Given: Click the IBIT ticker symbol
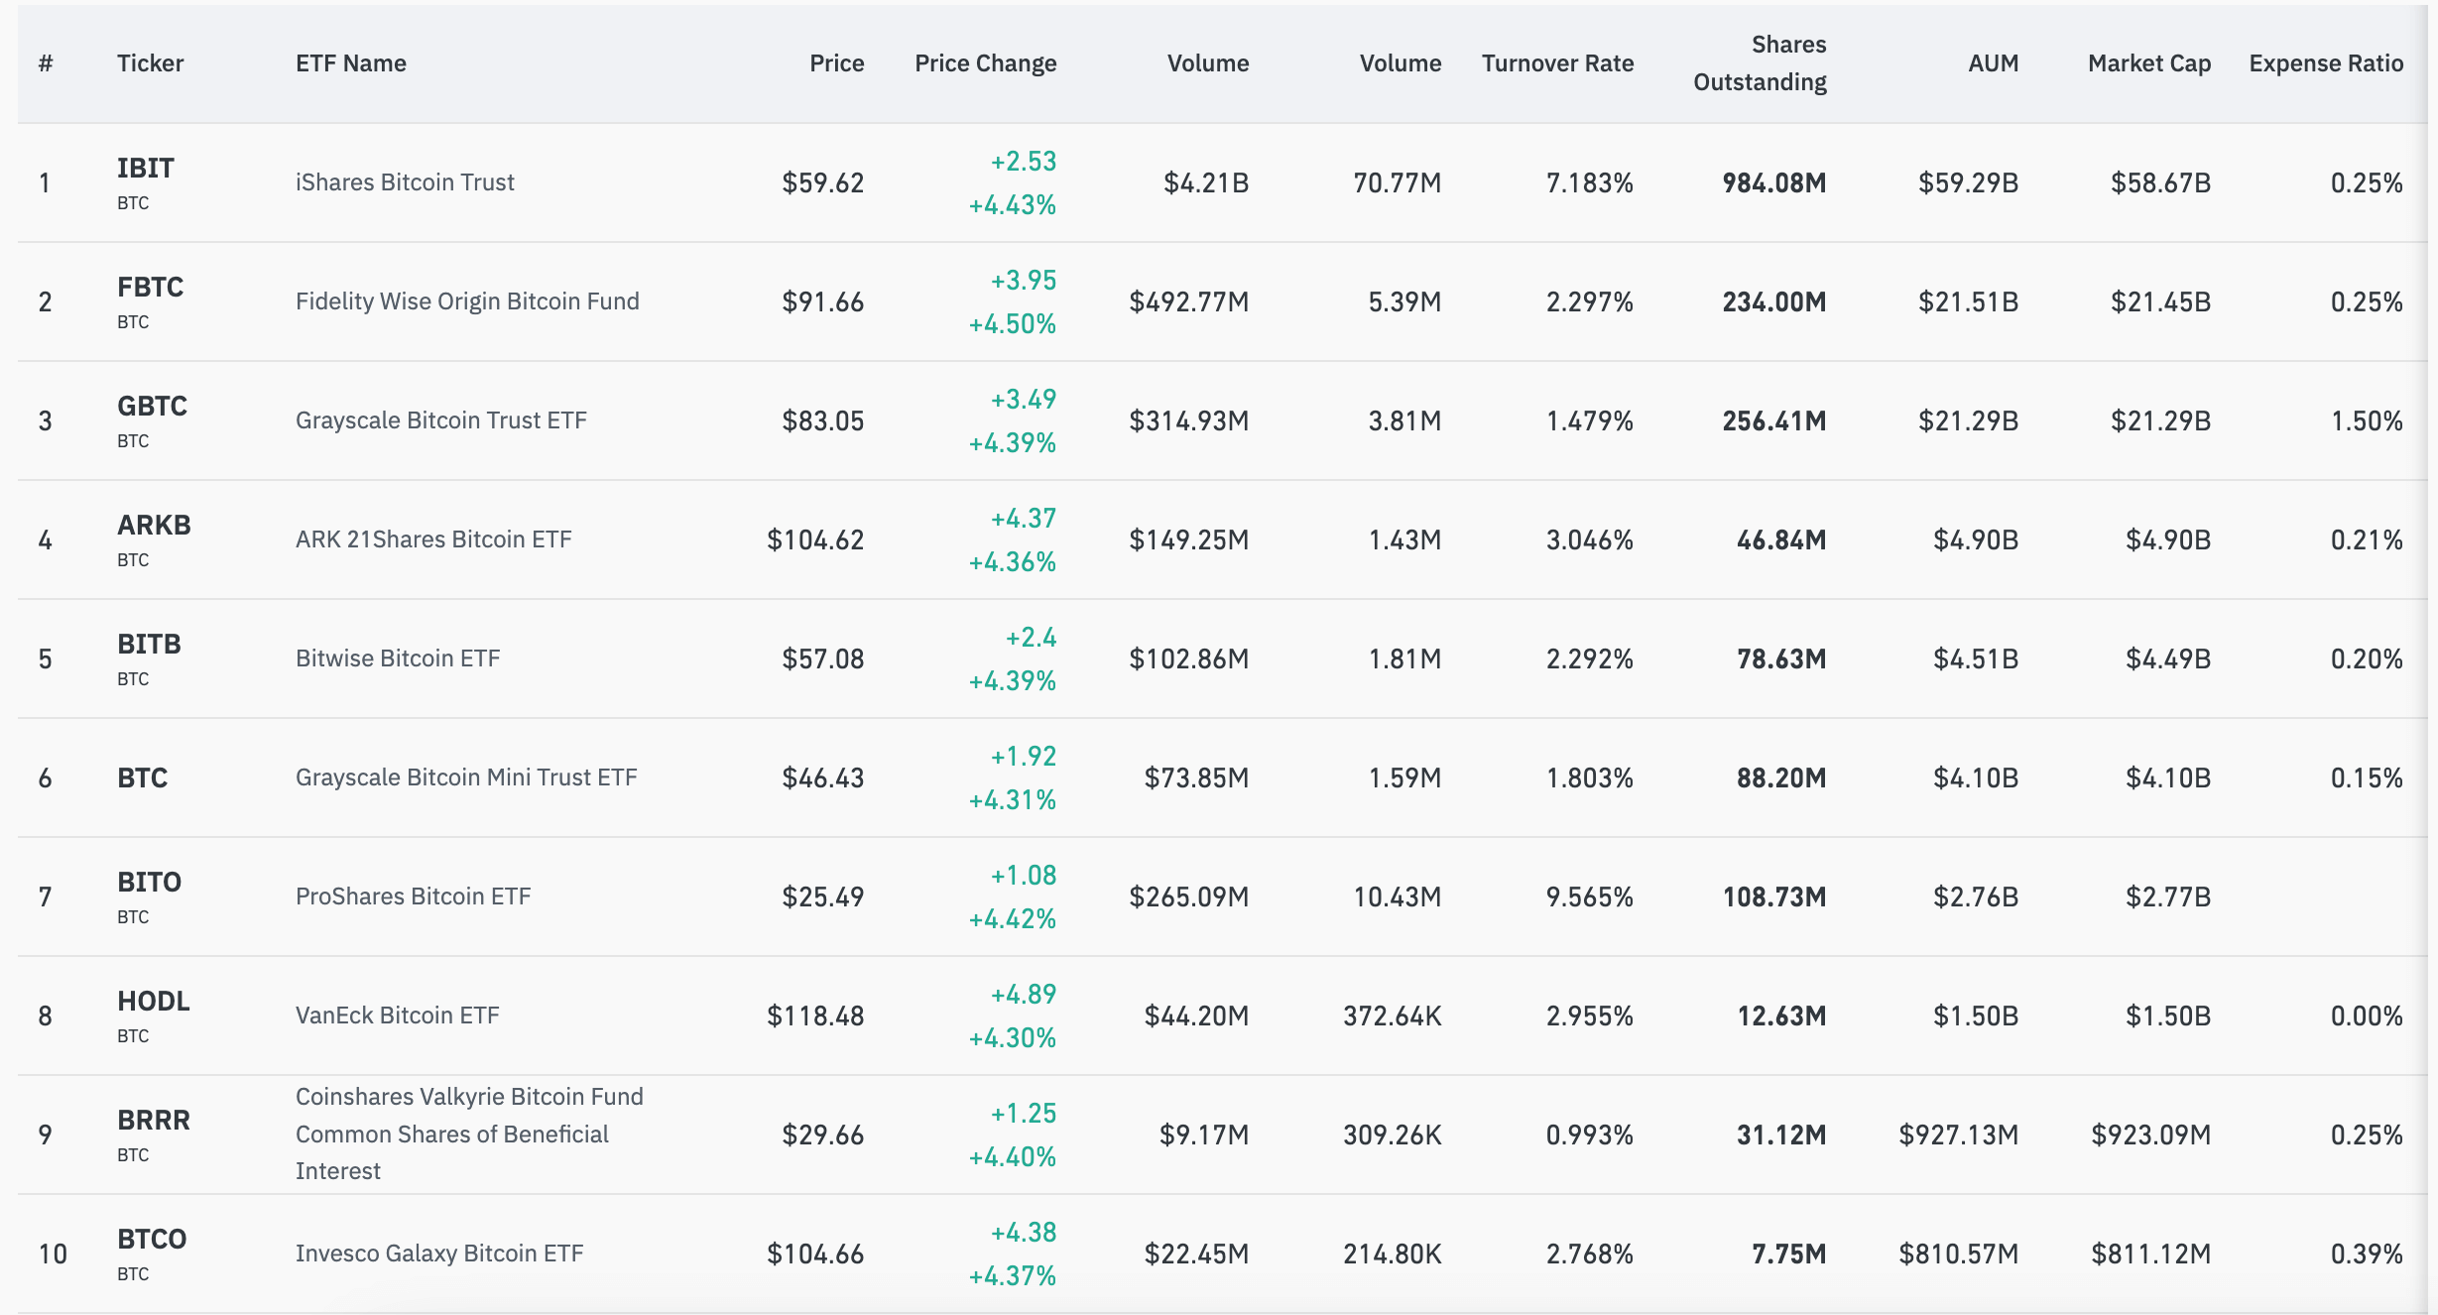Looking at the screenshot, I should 146,169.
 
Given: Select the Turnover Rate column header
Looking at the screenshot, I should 1557,63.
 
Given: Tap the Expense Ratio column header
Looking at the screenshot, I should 2325,63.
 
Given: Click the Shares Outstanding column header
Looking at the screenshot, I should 1760,63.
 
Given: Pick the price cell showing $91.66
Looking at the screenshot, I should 822,301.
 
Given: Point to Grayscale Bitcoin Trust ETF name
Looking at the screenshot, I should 440,420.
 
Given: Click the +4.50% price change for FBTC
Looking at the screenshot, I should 1012,324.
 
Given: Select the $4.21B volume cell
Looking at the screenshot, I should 1205,182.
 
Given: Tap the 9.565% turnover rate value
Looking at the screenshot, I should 1589,897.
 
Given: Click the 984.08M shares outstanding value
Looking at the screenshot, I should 1773,182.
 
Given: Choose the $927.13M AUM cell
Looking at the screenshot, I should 1958,1135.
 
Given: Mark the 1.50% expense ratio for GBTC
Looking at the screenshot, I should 2366,420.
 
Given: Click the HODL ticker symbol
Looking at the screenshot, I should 154,1002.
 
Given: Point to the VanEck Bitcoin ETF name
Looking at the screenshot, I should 397,1016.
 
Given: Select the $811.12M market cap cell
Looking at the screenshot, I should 2150,1254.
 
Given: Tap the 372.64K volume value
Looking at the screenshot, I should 1392,1016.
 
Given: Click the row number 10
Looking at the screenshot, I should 53,1254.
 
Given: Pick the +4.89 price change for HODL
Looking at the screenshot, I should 1023,994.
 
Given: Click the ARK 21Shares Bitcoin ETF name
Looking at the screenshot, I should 433,539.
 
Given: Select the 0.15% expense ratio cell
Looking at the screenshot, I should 2366,777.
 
